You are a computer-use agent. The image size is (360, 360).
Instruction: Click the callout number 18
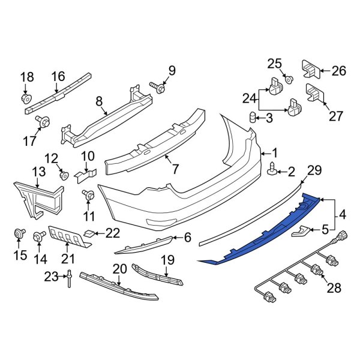28,77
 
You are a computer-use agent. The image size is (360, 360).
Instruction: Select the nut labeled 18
27,97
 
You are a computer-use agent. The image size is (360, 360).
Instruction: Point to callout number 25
274,64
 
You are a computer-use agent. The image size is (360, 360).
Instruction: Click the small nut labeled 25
289,79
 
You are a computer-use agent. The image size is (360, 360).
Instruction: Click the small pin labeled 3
253,117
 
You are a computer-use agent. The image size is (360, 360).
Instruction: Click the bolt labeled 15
18,233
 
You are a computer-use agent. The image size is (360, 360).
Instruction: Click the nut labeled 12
64,175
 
